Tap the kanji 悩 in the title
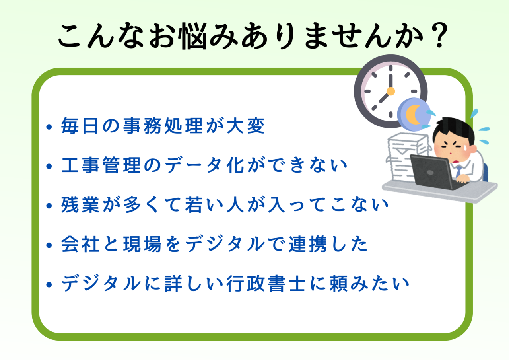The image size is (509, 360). pos(194,36)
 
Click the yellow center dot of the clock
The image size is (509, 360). pos(390,91)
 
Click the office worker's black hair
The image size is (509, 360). pos(452,130)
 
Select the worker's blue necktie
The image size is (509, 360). pos(458,171)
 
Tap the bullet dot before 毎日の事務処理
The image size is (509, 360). pos(49,126)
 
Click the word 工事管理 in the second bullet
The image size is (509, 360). pos(101,165)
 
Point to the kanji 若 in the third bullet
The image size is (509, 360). pos(194,204)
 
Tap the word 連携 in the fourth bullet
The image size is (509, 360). pos(308,244)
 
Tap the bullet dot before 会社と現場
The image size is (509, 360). pos(49,245)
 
